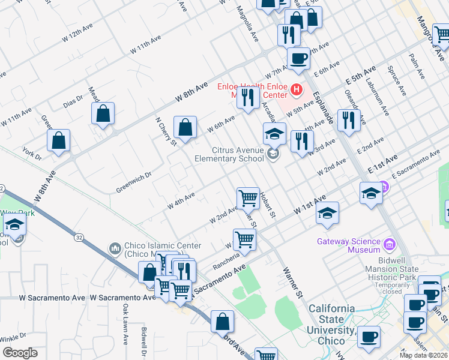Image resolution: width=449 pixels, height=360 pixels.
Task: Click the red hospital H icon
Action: [x=296, y=91]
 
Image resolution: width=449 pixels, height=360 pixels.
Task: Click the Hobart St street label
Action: [x=268, y=205]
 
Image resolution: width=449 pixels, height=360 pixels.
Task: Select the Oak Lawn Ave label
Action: [x=125, y=324]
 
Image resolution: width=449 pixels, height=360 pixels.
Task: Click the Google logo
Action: [x=20, y=353]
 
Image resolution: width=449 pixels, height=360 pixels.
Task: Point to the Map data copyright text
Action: [x=424, y=355]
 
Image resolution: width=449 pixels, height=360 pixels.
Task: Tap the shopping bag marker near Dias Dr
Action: [x=103, y=113]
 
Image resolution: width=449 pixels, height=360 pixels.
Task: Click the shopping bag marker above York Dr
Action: [x=59, y=142]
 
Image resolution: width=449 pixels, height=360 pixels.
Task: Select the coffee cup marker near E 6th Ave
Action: [x=298, y=59]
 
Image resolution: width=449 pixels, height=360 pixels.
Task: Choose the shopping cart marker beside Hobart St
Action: [x=248, y=197]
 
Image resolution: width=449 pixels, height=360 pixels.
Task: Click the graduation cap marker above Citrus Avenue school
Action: [x=274, y=134]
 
